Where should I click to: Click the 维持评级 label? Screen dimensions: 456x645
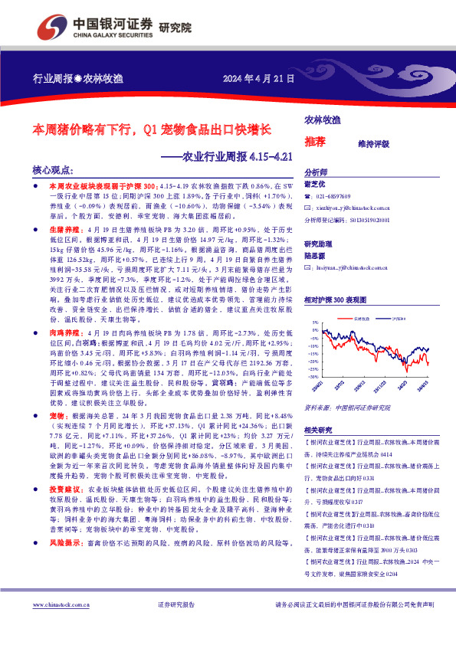coord(373,143)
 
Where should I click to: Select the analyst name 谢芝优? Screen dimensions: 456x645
coord(316,184)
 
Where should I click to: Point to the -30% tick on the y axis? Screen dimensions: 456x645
coord(313,377)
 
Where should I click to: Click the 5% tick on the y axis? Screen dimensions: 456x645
coord(315,323)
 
